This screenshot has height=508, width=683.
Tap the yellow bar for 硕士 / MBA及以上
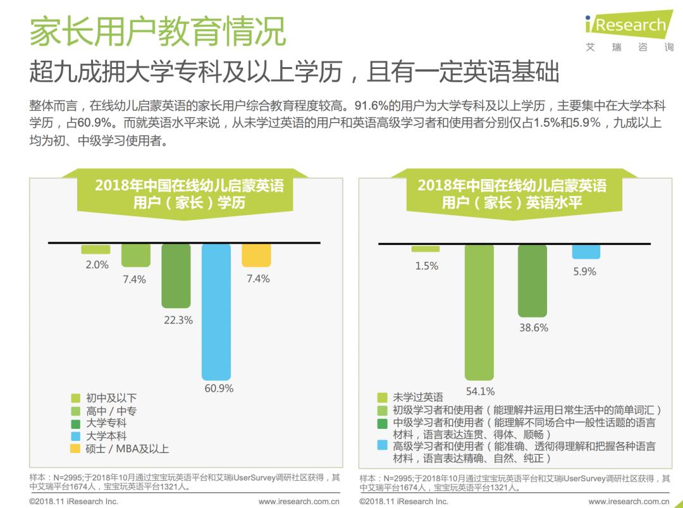(x=256, y=255)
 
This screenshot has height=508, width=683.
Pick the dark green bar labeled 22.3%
(x=176, y=276)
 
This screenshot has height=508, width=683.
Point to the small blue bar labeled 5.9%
(x=586, y=251)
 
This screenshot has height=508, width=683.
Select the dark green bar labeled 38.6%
(x=532, y=280)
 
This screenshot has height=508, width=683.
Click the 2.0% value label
(x=97, y=265)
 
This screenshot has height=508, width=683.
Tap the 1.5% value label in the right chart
(x=426, y=266)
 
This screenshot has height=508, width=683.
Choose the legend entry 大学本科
(x=106, y=436)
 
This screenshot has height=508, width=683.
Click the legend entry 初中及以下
(x=111, y=398)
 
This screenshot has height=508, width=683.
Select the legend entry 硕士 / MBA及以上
(x=127, y=449)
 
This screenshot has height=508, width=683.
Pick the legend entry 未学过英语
(x=418, y=397)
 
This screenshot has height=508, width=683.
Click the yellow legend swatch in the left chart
(x=75, y=449)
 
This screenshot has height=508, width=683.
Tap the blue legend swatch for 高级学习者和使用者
(x=382, y=445)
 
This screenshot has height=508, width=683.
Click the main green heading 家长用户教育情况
(x=157, y=32)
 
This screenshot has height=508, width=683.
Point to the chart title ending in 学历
(x=189, y=194)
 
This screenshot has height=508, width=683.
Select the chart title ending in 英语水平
(x=512, y=194)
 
